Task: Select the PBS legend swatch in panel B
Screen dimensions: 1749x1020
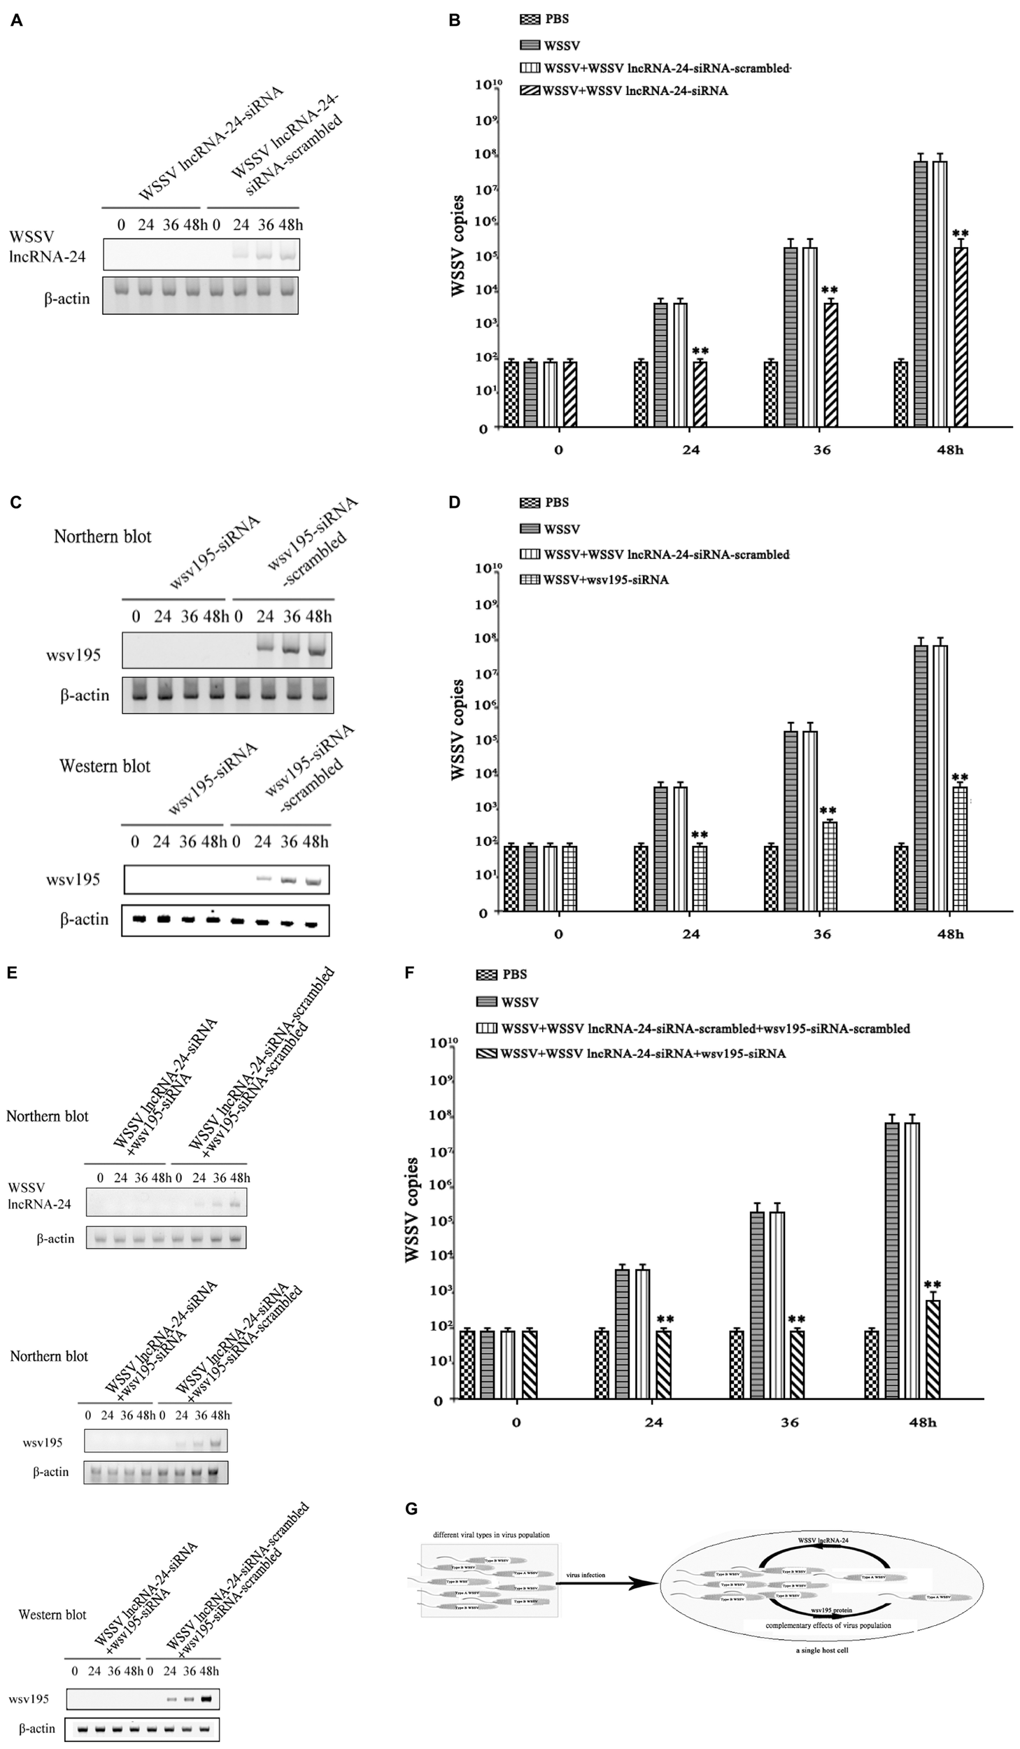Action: point(530,20)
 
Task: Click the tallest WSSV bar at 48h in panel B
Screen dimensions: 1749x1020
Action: point(920,294)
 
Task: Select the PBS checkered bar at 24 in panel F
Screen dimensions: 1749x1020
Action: point(602,1364)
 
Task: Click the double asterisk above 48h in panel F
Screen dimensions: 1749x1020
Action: point(932,1284)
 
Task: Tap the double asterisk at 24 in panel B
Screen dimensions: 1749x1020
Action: point(700,350)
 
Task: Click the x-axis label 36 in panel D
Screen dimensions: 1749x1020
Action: point(822,934)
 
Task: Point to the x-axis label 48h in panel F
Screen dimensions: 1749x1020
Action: point(922,1422)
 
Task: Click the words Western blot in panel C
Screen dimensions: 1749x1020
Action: point(105,766)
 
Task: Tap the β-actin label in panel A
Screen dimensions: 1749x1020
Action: point(67,299)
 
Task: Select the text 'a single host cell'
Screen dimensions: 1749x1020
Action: point(821,1650)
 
